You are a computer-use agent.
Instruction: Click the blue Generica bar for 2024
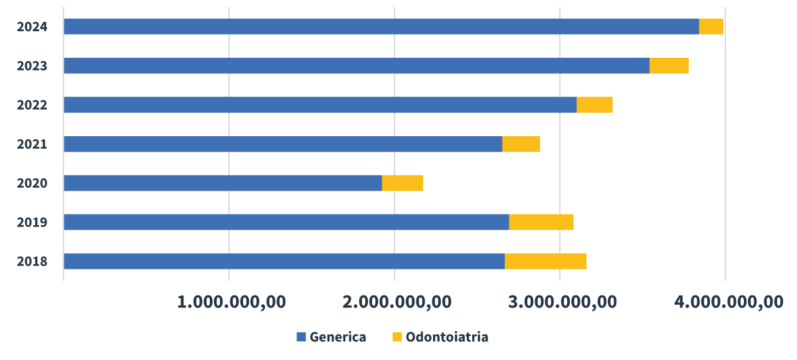381,27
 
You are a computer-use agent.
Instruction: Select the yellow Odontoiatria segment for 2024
711,27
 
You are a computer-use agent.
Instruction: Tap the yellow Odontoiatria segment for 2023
669,66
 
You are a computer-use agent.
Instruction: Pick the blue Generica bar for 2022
319,105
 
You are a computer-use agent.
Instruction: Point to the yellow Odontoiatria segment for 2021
521,144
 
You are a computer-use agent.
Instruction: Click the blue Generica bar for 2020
222,183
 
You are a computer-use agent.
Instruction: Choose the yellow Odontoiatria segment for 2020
402,183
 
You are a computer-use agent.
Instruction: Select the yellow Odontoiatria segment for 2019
541,222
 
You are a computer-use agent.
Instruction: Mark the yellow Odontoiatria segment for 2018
545,261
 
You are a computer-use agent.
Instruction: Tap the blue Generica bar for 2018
284,261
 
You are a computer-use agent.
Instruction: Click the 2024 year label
32,27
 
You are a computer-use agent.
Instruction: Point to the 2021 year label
32,144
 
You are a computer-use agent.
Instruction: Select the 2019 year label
32,222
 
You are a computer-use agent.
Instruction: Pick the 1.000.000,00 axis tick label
231,302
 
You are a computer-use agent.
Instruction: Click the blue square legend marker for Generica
301,337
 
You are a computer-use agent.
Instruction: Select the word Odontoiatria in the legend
447,337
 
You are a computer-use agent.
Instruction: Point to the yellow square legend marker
397,337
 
